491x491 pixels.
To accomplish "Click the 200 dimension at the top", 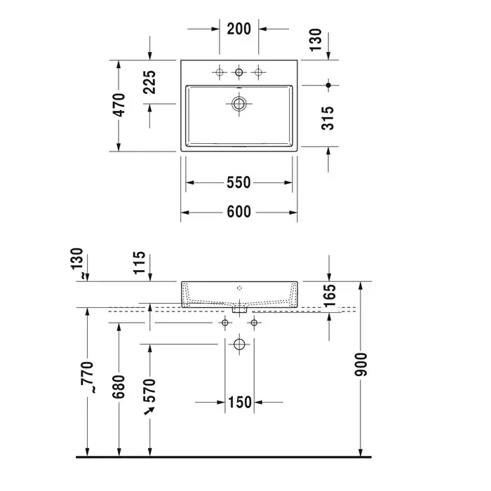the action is point(239,29).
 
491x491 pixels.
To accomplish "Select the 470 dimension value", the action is point(119,105).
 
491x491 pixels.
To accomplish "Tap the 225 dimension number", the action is point(149,82).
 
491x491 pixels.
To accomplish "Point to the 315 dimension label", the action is point(328,118).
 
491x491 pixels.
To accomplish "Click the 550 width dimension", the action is point(238,182).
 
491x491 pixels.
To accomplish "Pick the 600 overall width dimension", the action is point(238,212).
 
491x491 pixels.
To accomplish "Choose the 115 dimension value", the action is point(140,262).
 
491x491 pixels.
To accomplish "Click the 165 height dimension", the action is point(330,295).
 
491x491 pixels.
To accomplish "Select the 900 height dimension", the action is point(361,364).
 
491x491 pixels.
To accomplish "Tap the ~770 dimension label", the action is point(88,377).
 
